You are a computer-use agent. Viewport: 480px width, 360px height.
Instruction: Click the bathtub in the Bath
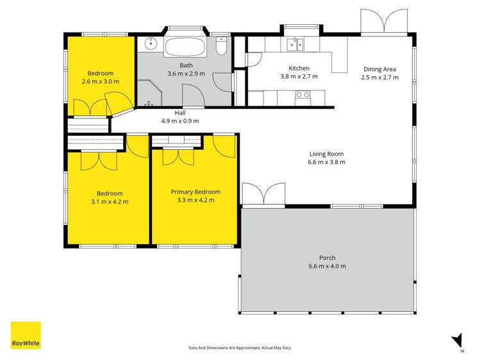(x=185, y=47)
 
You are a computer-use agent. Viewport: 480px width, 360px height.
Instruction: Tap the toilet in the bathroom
(x=221, y=45)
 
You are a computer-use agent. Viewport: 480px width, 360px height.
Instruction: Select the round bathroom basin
(x=151, y=44)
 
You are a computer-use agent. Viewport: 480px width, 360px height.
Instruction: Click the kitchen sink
(x=295, y=45)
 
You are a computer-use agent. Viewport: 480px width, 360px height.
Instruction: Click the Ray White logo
(x=26, y=335)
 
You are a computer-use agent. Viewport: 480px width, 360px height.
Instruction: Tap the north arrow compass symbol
(x=458, y=341)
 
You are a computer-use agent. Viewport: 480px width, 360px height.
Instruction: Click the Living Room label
(x=326, y=154)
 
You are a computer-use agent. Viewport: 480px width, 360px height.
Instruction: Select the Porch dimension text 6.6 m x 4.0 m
(x=327, y=266)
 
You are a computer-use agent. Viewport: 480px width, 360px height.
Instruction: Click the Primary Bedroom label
(x=195, y=192)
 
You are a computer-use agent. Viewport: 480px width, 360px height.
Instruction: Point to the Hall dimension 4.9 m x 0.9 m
(x=180, y=121)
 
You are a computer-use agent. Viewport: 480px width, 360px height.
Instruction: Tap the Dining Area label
(x=379, y=69)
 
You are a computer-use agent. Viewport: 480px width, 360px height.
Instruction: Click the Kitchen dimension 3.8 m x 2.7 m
(x=299, y=76)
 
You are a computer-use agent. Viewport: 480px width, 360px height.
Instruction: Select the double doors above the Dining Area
(x=384, y=21)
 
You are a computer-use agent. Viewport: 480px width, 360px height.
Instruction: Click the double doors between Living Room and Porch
(x=263, y=194)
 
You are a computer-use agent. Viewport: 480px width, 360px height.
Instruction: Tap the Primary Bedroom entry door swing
(x=224, y=146)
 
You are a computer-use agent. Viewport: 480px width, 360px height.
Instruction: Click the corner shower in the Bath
(x=149, y=93)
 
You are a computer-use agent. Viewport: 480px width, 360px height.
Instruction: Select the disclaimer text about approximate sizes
(x=240, y=348)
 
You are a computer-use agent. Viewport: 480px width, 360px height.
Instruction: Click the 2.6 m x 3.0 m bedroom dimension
(x=101, y=81)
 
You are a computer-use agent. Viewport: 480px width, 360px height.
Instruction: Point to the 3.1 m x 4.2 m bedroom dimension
(x=110, y=202)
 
